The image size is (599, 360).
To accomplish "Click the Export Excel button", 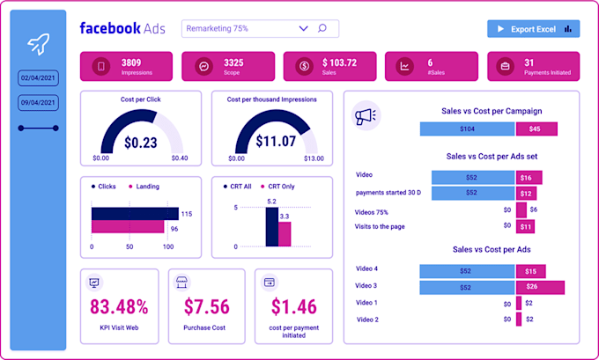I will click(x=533, y=29).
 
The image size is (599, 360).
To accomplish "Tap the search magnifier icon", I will click(x=322, y=29).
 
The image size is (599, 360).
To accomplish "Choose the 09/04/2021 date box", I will click(x=38, y=103).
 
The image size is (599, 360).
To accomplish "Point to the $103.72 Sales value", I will click(x=339, y=62).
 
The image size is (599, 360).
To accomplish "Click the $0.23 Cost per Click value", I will click(x=142, y=142).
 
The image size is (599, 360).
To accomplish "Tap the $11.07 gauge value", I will click(x=275, y=142).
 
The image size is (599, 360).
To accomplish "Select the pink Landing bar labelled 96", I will click(x=128, y=228).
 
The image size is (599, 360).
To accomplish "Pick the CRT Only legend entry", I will click(x=281, y=187).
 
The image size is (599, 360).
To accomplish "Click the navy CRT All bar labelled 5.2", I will click(x=272, y=228).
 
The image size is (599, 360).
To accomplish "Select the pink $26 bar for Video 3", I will click(x=540, y=287).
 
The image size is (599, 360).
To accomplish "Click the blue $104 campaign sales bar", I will click(x=467, y=129).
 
